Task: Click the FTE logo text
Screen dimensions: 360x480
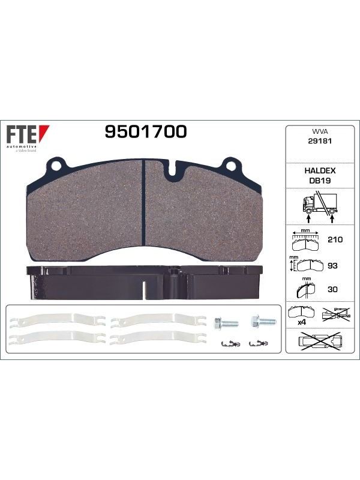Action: pos(22,134)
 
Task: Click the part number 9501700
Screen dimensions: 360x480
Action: pos(146,131)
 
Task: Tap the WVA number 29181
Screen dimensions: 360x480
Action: pos(320,141)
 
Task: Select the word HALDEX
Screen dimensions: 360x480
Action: pos(320,170)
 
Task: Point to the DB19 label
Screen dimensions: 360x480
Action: pos(320,181)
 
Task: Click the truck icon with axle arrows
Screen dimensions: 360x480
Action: pos(320,206)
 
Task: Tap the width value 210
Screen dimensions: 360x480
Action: pos(335,239)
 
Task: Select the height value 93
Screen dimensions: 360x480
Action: pos(332,265)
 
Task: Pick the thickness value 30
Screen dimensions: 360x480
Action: pos(332,289)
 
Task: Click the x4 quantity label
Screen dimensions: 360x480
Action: pos(302,322)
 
